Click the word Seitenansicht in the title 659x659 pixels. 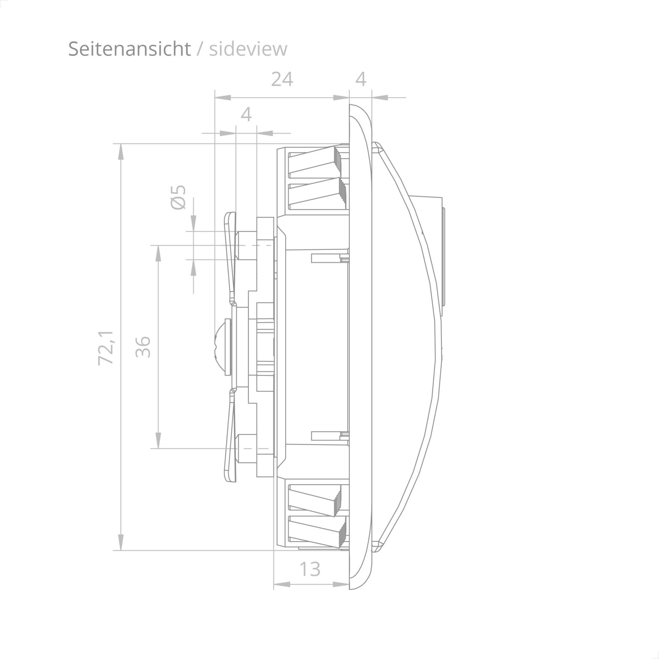point(129,49)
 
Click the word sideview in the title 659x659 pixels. point(248,49)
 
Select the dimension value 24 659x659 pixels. point(282,80)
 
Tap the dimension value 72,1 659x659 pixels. point(106,348)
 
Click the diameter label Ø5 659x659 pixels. point(178,197)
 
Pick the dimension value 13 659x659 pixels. point(310,569)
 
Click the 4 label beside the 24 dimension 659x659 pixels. point(361,80)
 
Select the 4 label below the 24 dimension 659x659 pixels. point(246,115)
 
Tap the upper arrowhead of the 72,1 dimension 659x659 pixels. point(120,152)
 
